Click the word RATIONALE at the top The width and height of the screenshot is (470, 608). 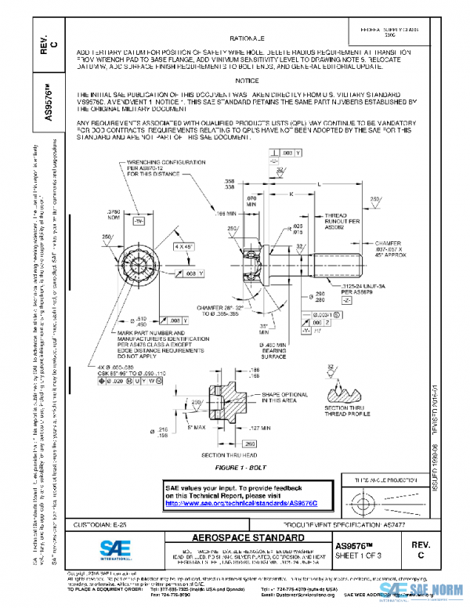point(248,38)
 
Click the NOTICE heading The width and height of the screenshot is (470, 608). point(248,81)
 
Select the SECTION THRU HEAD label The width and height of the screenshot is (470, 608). point(230,454)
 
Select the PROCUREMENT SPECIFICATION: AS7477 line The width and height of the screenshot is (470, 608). point(337,522)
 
